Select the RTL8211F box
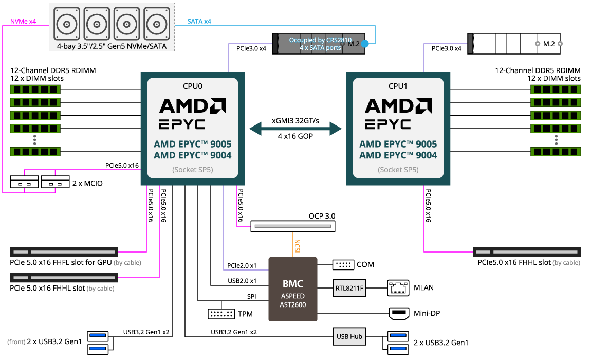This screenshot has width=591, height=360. (x=349, y=289)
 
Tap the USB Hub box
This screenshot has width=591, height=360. (x=349, y=337)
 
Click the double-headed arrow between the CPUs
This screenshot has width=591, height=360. (x=295, y=129)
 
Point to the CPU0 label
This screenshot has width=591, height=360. (x=193, y=86)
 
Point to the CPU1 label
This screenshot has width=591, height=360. (x=398, y=86)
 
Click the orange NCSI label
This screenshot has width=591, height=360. (x=297, y=246)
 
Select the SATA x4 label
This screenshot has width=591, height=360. (x=199, y=22)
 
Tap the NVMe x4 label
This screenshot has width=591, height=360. (x=23, y=22)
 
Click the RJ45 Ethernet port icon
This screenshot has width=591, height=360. (x=398, y=288)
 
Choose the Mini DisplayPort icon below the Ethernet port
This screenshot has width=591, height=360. (x=399, y=313)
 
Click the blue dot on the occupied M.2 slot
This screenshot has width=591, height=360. (x=365, y=44)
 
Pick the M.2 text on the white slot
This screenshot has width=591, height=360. (x=549, y=44)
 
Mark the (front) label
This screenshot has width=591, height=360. (x=16, y=342)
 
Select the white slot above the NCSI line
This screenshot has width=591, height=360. (x=293, y=226)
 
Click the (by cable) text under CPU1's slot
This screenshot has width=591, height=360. (x=566, y=263)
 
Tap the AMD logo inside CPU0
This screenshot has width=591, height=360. (x=193, y=106)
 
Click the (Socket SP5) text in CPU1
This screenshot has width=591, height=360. (x=398, y=170)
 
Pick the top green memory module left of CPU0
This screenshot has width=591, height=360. (x=35, y=89)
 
